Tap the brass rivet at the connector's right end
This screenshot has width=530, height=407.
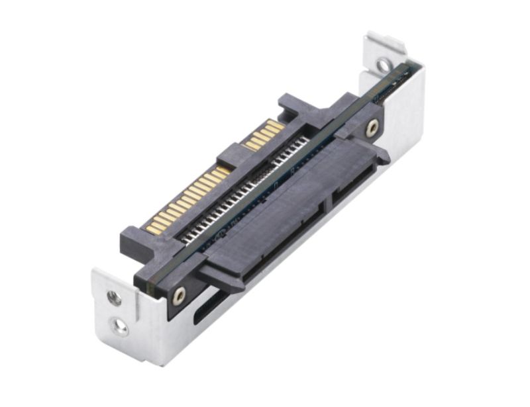coord(373,126)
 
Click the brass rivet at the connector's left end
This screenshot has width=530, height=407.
coord(179,296)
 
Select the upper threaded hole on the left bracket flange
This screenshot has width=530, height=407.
coord(113,298)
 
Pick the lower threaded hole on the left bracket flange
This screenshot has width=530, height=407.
coord(121,325)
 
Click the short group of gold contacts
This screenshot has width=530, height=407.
coord(264,134)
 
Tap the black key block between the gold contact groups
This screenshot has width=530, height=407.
coord(233,158)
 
